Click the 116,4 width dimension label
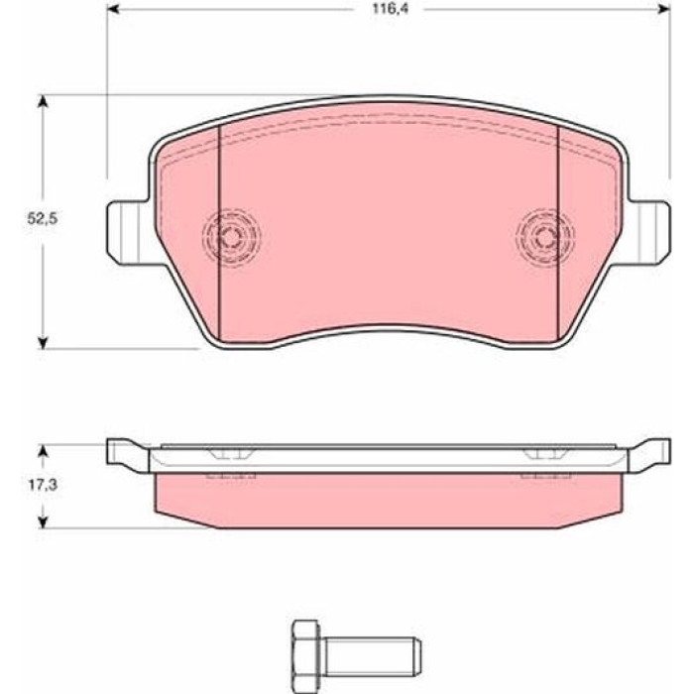[x=390, y=9]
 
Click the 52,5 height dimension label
[x=43, y=219]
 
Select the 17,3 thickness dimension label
[x=43, y=485]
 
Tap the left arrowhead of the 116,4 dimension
[x=113, y=9]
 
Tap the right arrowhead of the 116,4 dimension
[x=664, y=9]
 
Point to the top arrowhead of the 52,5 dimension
[x=43, y=101]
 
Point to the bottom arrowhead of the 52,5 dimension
[x=43, y=343]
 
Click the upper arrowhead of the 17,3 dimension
[x=43, y=450]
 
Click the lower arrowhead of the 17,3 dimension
[x=43, y=522]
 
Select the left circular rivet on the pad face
[x=231, y=237]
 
